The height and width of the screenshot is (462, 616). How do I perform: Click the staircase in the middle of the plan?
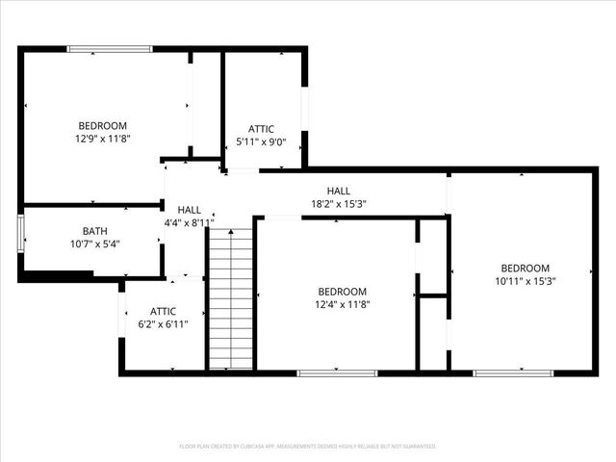point(231,298)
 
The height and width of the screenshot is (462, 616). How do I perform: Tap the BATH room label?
point(94,231)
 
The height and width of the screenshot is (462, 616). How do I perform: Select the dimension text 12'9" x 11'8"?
point(102,139)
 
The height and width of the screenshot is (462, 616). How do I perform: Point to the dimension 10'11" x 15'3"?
point(525,281)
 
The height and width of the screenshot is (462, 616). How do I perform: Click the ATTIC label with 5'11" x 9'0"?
point(261,129)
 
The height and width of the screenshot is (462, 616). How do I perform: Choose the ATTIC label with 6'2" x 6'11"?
point(163,311)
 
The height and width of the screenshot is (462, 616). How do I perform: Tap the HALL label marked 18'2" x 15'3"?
point(339,191)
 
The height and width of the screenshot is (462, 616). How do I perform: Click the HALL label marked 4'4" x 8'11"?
point(189,210)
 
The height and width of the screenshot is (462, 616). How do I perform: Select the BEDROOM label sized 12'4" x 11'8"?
point(343,292)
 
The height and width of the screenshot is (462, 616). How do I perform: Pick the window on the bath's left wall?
point(20,234)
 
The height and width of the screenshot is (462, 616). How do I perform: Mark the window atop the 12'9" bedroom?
point(109,48)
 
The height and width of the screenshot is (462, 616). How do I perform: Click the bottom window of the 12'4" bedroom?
point(323,372)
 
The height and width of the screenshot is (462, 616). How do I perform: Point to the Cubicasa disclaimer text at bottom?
point(308,446)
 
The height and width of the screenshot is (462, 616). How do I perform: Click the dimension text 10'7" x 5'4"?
point(94,244)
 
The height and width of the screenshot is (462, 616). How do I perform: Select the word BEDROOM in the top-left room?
point(102,126)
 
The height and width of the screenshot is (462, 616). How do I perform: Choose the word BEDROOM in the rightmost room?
point(525,269)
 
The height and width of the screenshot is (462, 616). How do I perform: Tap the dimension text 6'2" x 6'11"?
point(163,324)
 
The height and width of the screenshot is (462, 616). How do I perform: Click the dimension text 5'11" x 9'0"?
point(261,141)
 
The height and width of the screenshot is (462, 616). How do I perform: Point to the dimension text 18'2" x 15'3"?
point(339,204)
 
